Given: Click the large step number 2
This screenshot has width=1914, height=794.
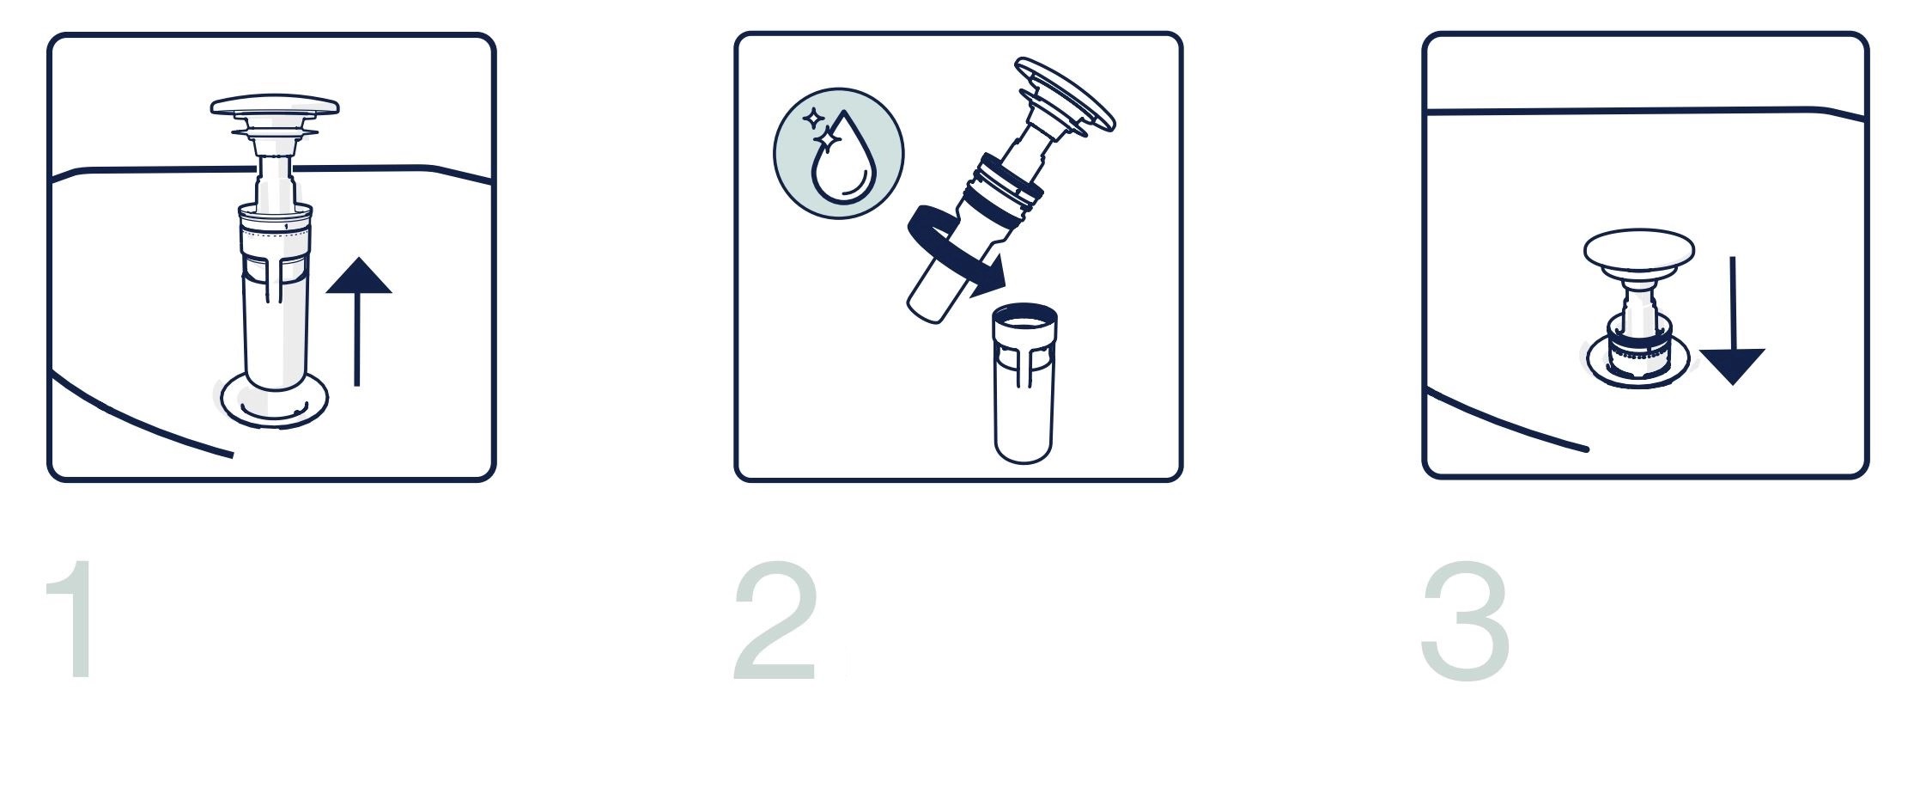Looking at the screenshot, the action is point(774,620).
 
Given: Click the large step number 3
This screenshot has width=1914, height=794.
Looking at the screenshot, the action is point(1466,620).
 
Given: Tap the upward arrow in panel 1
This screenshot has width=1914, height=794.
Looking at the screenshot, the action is point(358,321).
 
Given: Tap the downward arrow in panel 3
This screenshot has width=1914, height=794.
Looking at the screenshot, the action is point(1732,320).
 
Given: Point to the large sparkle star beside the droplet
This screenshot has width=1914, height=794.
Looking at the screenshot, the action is point(829,138).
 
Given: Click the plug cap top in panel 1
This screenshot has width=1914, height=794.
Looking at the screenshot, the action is point(275,107).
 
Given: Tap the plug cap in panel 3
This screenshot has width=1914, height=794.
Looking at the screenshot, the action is point(1639,250).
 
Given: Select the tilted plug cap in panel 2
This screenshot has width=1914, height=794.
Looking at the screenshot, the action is point(1065,94).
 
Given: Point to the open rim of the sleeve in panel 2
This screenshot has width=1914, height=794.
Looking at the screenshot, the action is point(1024,317).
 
